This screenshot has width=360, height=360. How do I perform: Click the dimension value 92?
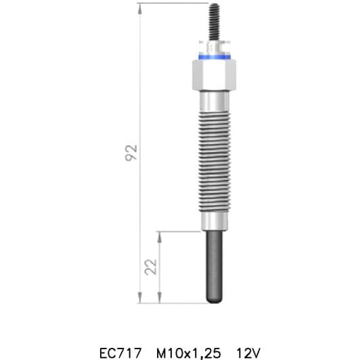[133, 152]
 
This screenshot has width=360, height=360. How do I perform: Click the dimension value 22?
[152, 267]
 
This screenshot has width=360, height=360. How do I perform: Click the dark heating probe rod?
[213, 264]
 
